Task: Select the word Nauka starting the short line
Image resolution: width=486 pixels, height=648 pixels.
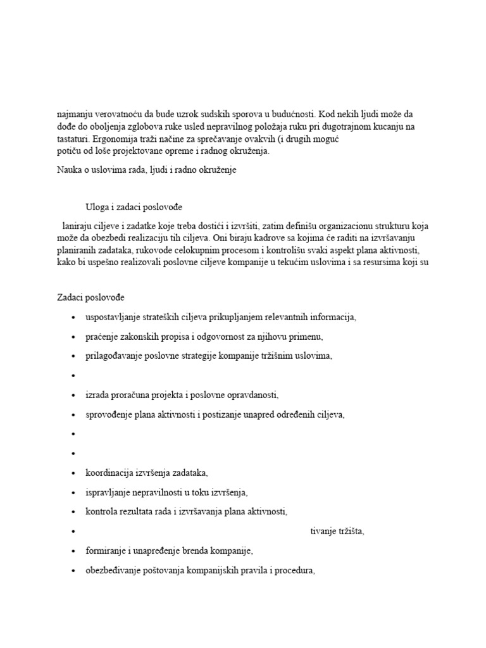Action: pyautogui.click(x=70, y=170)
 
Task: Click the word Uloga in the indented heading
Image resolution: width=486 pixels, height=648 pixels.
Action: pyautogui.click(x=98, y=207)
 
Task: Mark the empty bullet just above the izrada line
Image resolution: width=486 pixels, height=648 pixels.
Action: pyautogui.click(x=75, y=375)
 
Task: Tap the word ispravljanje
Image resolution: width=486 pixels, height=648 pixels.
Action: pyautogui.click(x=109, y=492)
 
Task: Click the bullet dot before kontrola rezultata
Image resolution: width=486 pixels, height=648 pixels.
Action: pyautogui.click(x=75, y=512)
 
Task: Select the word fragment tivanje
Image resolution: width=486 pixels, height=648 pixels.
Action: pyautogui.click(x=323, y=531)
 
